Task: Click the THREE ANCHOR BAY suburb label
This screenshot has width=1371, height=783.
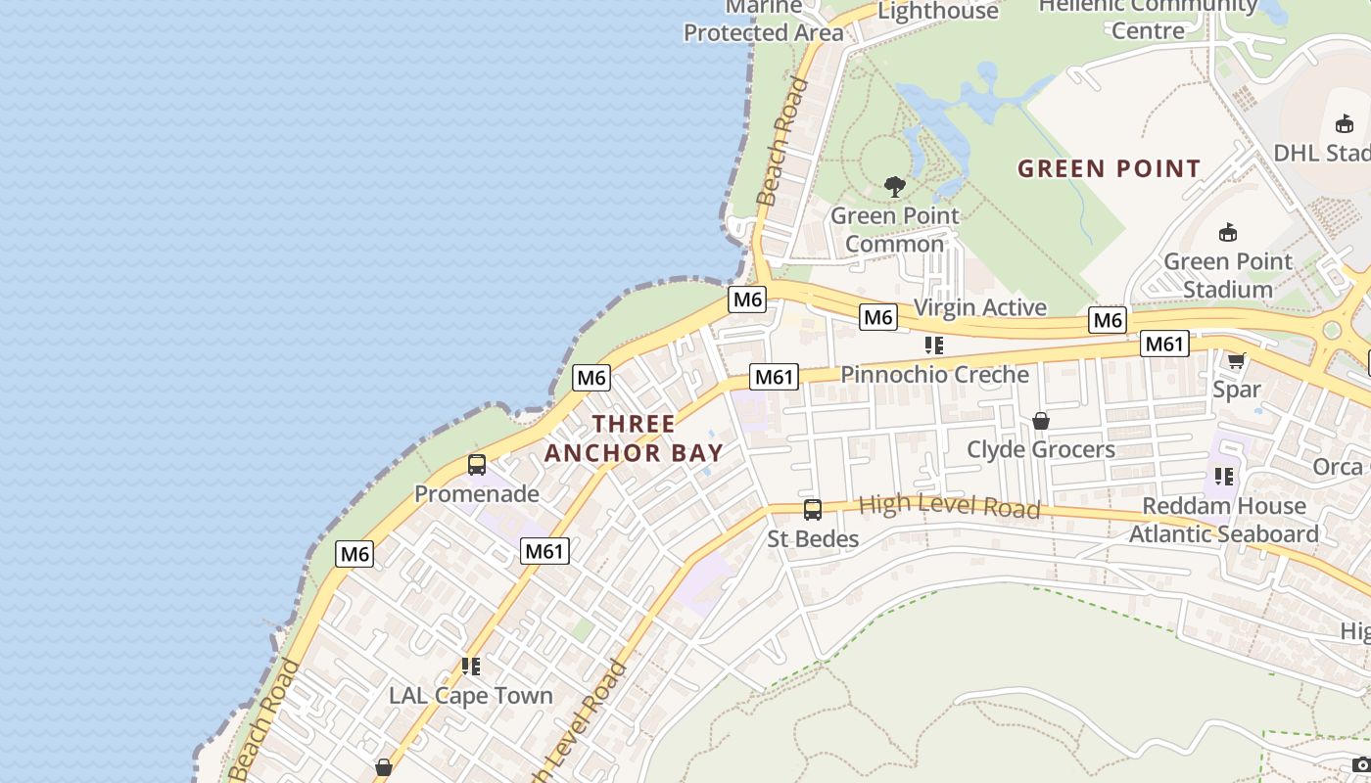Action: point(634,438)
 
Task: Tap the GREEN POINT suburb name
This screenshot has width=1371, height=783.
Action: point(1109,168)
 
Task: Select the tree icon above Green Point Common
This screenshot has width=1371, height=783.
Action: point(894,186)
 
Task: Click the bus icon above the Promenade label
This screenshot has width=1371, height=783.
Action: point(477,465)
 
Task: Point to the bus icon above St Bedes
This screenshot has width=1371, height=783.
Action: point(813,509)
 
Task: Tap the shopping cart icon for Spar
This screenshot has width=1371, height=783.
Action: point(1237,360)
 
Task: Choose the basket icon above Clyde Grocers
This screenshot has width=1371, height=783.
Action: point(1041,421)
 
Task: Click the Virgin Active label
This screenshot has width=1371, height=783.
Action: point(979,307)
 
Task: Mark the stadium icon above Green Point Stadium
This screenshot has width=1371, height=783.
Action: point(1228,232)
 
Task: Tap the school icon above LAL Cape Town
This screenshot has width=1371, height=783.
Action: point(471,667)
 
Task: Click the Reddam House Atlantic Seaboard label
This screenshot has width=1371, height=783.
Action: point(1224,520)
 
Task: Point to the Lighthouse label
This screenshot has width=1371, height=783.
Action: point(937,11)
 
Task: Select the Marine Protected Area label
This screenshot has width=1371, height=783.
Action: point(763,22)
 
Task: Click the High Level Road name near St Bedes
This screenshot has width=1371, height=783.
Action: point(949,506)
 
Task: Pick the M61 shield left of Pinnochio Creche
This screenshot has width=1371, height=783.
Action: point(774,377)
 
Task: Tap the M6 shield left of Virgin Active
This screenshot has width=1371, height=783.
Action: point(877,316)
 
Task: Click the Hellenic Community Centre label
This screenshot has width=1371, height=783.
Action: point(1148,18)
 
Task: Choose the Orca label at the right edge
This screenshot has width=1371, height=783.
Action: point(1338,467)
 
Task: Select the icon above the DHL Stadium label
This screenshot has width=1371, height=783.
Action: point(1345,123)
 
